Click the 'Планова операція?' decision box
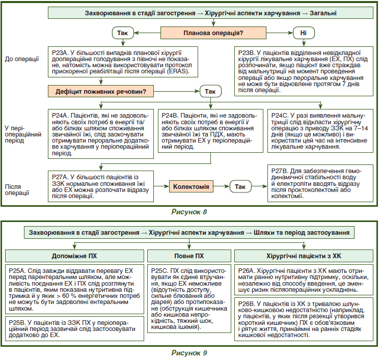(213, 33)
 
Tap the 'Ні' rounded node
(304, 33)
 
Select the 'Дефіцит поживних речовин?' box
(101, 91)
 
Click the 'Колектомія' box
(191, 186)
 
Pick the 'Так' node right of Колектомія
(240, 186)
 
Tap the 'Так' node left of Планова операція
(123, 33)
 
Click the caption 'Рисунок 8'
(189, 212)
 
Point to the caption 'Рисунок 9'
(189, 353)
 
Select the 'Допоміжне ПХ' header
(74, 256)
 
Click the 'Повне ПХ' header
(189, 256)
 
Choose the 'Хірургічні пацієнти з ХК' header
(304, 256)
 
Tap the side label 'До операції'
(22, 59)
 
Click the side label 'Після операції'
(17, 190)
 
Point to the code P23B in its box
(246, 53)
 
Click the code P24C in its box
(280, 116)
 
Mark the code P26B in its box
(247, 304)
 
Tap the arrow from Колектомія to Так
(221, 186)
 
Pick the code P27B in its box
(280, 171)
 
